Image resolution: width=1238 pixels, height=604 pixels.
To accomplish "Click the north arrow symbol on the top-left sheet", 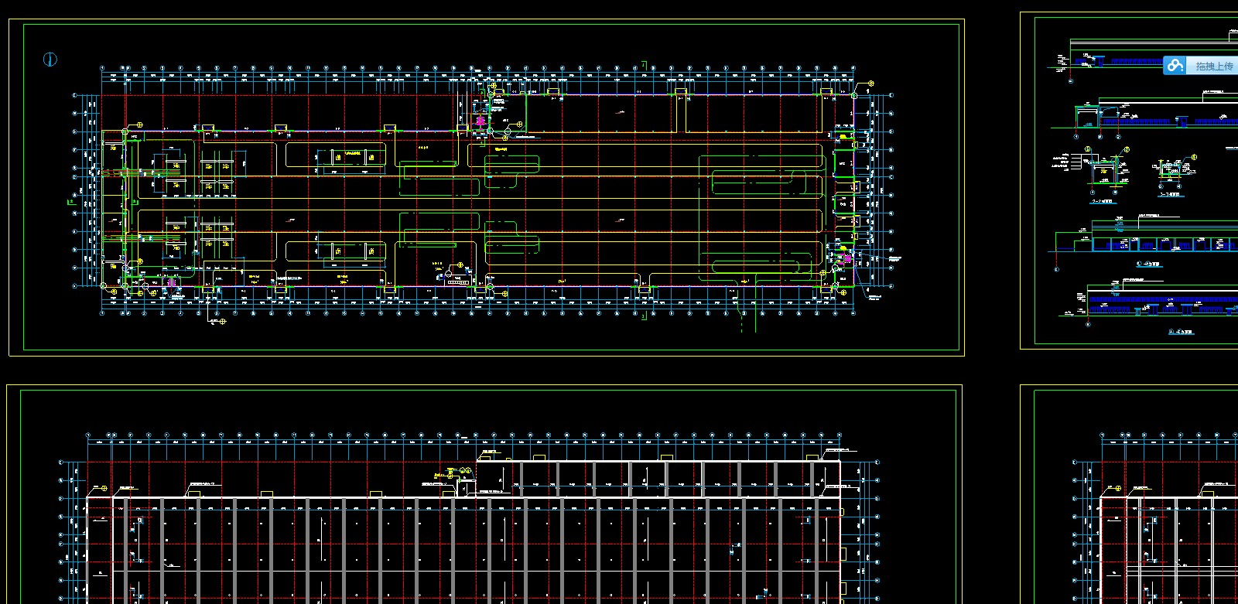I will [50, 60].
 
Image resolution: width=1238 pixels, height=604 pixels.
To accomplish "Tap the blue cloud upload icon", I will [1175, 66].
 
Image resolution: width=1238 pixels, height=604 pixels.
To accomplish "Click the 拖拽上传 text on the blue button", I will [1214, 67].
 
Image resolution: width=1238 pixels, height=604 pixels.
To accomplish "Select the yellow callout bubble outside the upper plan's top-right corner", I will [870, 84].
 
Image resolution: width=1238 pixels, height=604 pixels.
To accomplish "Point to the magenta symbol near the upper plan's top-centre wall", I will [480, 121].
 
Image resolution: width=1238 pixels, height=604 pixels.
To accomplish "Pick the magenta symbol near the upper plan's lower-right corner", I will [847, 258].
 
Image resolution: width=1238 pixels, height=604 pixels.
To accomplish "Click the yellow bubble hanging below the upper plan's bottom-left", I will [223, 321].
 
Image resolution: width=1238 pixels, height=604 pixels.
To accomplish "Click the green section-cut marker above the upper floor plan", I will [643, 66].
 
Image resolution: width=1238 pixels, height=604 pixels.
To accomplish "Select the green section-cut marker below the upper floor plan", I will [643, 316].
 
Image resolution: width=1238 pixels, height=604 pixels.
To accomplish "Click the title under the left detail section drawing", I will [1102, 201].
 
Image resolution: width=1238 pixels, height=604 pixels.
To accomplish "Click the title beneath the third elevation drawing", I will [1149, 264].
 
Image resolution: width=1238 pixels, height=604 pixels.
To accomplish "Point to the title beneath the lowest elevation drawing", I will [1181, 332].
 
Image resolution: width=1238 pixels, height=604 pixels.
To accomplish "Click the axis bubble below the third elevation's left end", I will [1057, 269].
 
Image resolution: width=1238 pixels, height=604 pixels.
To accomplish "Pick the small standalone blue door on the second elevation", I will [1182, 121].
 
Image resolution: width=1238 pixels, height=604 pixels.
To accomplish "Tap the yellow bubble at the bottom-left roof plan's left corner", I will [104, 489].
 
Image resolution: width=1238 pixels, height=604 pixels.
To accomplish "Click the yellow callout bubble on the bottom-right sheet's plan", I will [1118, 489].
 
